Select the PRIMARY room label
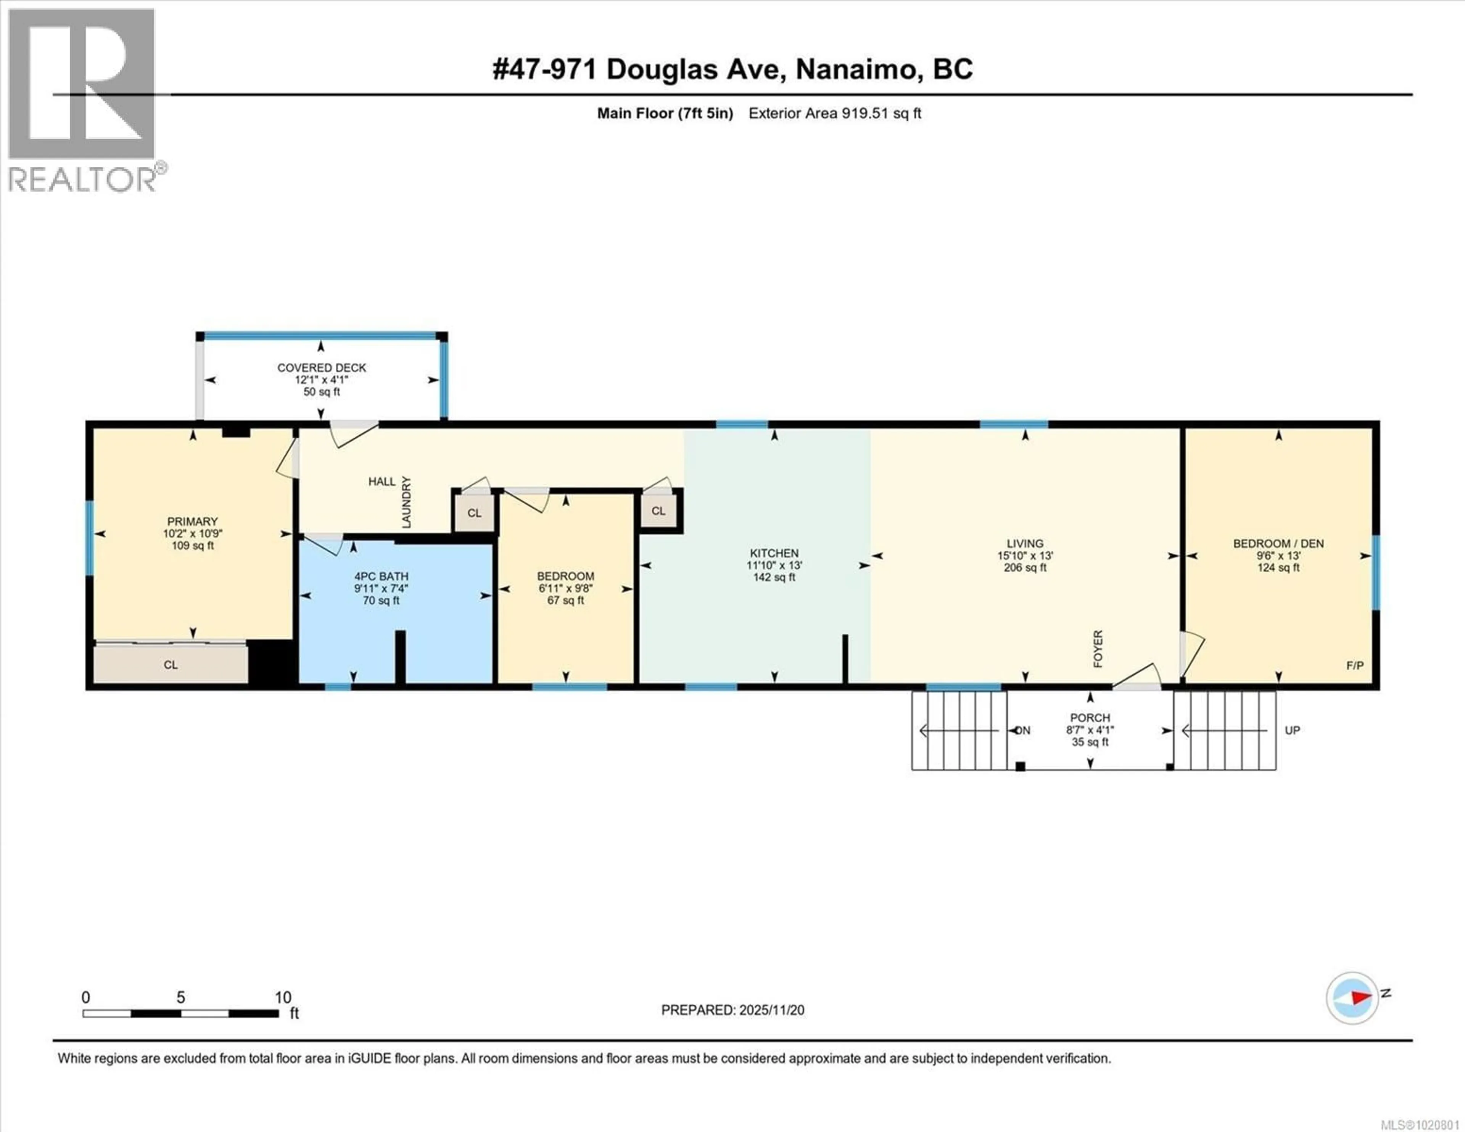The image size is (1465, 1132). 193,522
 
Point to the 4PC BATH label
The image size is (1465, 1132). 381,576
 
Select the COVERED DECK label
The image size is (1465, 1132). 322,368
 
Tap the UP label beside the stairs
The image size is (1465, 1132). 1292,730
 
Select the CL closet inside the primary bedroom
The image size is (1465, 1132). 171,665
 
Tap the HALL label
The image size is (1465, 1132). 381,481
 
